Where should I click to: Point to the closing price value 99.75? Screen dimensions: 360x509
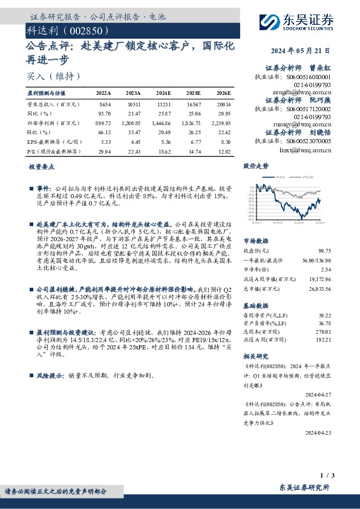325,250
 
